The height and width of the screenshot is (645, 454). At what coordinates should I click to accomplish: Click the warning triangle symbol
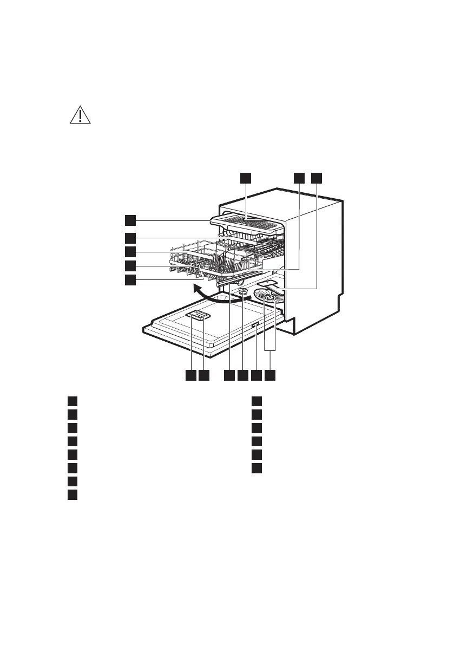tap(81, 115)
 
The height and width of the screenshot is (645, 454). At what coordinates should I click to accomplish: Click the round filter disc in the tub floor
tap(269, 297)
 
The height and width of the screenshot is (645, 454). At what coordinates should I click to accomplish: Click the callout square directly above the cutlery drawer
tap(246, 178)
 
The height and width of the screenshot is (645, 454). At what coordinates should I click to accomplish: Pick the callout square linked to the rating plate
tap(256, 375)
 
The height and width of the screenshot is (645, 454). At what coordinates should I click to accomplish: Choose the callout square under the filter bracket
tap(271, 375)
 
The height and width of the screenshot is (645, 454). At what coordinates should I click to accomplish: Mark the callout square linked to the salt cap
tap(242, 375)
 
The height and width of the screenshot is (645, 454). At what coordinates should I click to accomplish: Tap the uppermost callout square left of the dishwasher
tap(130, 219)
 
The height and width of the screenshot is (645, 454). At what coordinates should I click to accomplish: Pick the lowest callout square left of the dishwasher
tap(130, 279)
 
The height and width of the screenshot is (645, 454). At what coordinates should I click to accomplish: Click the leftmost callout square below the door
tap(190, 375)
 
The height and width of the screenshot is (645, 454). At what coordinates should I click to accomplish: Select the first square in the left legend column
tap(72, 401)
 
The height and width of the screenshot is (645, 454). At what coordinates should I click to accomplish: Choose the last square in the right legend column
tap(257, 467)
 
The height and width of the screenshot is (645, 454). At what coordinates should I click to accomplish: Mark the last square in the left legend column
tap(72, 494)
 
